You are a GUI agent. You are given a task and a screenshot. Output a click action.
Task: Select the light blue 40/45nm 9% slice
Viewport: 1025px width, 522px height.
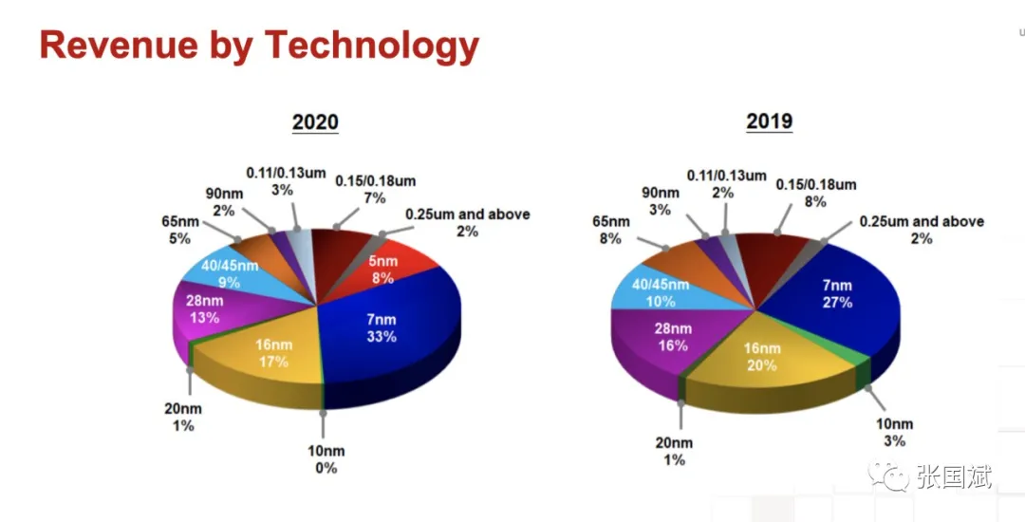(228, 273)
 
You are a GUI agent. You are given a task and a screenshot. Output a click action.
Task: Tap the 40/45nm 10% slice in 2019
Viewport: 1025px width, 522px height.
(654, 292)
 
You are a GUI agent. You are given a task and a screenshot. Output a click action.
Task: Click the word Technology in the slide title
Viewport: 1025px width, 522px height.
(371, 46)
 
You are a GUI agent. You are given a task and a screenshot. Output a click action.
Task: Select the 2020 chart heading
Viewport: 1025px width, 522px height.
(315, 122)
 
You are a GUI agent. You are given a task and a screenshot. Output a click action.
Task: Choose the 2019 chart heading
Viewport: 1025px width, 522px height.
(769, 121)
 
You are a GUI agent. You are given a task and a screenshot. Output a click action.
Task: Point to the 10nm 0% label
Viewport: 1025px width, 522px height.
(326, 458)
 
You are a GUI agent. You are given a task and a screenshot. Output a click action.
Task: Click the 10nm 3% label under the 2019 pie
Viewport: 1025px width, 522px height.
(894, 432)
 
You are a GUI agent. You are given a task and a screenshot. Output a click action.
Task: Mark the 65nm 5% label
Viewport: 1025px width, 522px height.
(180, 231)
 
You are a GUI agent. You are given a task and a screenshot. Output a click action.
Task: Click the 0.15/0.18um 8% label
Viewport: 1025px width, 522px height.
(815, 193)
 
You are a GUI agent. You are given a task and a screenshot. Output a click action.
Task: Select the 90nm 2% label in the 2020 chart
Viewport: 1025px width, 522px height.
(224, 202)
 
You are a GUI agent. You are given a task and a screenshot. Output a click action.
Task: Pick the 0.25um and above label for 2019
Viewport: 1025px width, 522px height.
(921, 230)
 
